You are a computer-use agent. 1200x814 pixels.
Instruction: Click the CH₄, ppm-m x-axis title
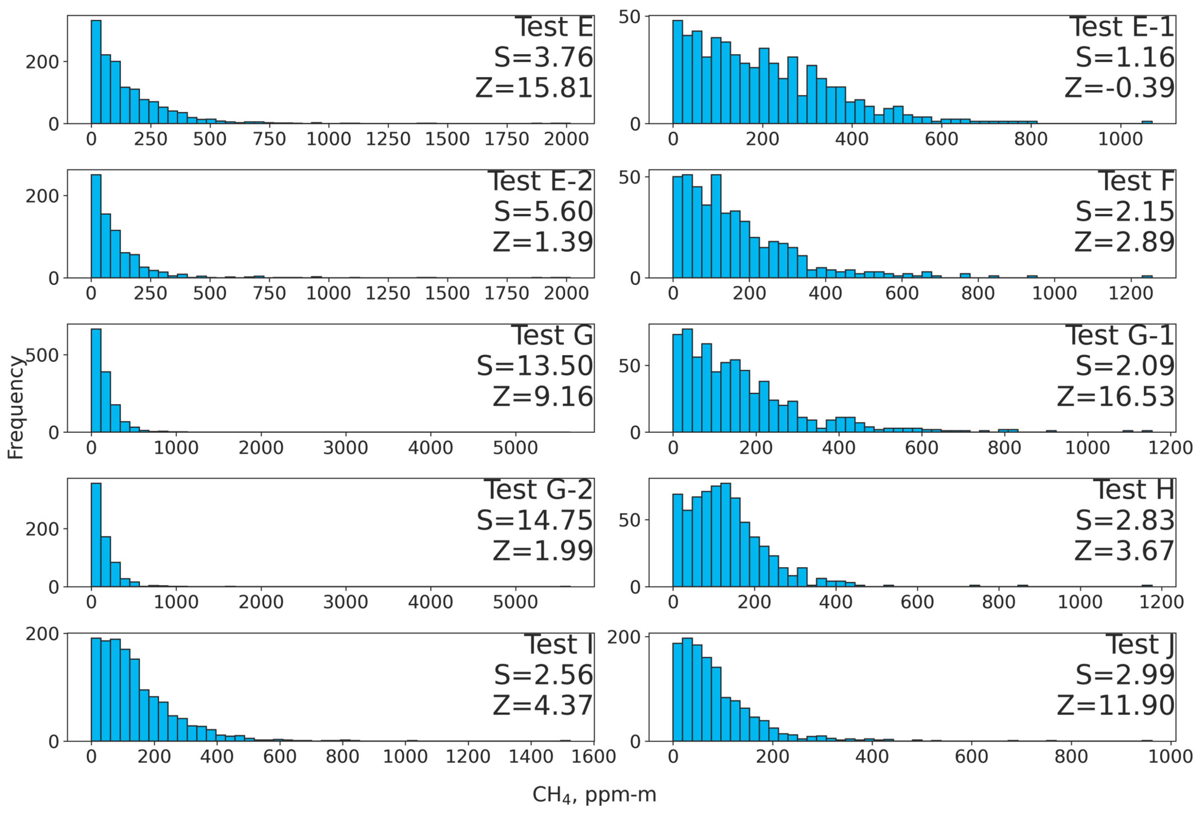[x=594, y=794]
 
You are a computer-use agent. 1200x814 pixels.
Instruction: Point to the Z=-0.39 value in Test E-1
[x=1119, y=88]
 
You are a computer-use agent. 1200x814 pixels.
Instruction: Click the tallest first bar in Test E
[x=96, y=72]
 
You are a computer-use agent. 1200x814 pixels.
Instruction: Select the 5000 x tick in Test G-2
[x=515, y=602]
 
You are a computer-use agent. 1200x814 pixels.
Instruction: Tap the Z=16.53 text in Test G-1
[x=1115, y=397]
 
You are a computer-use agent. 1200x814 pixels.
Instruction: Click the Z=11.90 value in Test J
[x=1115, y=705]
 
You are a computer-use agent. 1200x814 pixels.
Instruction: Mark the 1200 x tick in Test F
[x=1131, y=293]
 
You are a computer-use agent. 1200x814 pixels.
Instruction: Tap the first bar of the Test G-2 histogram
[x=96, y=535]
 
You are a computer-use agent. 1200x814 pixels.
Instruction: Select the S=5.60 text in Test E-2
[x=543, y=211]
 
